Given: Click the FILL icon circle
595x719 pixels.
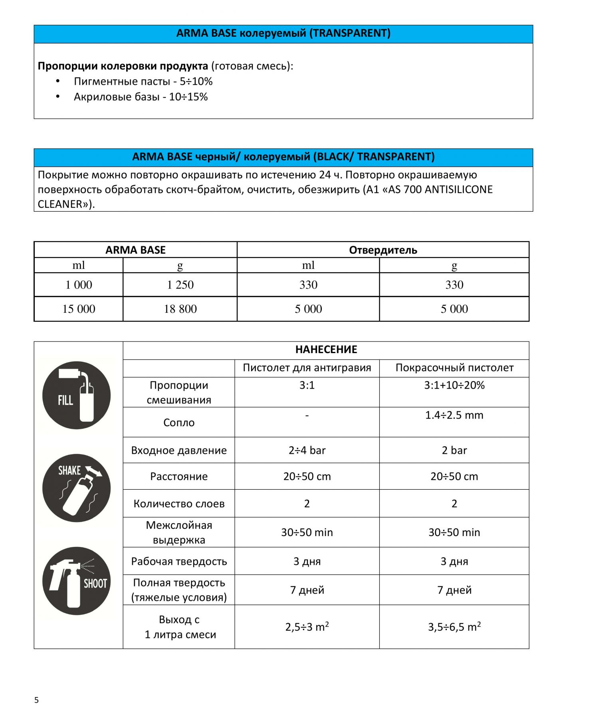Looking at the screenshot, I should tap(76, 395).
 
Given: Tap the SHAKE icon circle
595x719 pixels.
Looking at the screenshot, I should tap(76, 488).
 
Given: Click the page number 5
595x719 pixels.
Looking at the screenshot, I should tap(36, 700).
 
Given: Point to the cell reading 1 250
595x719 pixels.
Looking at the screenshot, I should tap(180, 285).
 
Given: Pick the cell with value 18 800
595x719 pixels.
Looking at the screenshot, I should tap(180, 309).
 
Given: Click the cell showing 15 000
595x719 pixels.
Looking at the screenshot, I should tap(79, 309).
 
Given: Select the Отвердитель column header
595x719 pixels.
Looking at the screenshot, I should tap(383, 250).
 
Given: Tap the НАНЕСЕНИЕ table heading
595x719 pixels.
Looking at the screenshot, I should tap(326, 350).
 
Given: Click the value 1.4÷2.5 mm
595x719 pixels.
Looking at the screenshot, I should tap(454, 415).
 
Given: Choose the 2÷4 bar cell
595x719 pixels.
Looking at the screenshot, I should tap(307, 450).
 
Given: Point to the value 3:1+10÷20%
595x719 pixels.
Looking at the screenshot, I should tap(454, 385).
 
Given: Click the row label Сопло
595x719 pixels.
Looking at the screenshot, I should tap(179, 423).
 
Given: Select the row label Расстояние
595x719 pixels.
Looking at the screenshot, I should tap(179, 476).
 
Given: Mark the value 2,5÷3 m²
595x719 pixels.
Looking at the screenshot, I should tap(307, 627).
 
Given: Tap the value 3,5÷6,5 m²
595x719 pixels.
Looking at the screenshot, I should tap(454, 627).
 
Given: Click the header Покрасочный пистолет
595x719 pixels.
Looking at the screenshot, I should tap(454, 367).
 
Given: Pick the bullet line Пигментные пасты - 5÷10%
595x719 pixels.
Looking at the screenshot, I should tap(143, 81).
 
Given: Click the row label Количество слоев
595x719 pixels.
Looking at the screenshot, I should tap(179, 503).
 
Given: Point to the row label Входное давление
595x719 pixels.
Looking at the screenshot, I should tap(179, 450).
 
